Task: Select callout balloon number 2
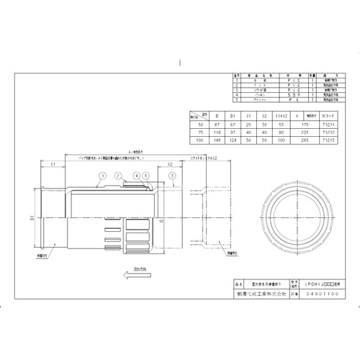116,175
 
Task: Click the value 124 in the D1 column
230,140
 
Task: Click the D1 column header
230,114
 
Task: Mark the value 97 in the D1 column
230,132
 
